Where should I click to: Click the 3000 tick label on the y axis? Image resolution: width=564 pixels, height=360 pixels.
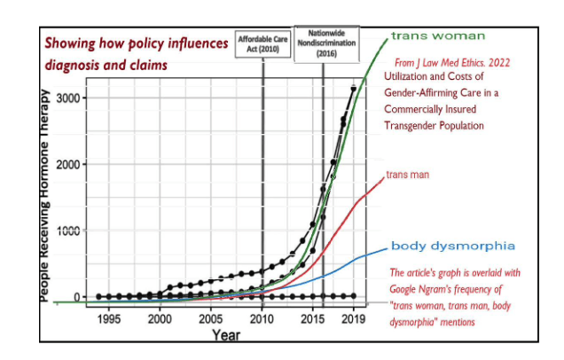tap(74, 97)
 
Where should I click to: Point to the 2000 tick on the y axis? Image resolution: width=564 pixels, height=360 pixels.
tap(74, 164)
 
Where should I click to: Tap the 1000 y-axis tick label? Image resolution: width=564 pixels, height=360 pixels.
tap(74, 231)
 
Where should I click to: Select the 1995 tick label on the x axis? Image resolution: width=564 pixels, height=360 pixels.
tap(109, 318)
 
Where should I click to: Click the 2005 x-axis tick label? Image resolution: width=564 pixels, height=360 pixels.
tap(211, 318)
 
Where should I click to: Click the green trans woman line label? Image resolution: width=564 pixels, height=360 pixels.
tap(438, 36)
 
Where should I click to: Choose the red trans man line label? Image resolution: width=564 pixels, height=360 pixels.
tap(407, 175)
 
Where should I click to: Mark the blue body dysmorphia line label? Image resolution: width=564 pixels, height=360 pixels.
tap(454, 246)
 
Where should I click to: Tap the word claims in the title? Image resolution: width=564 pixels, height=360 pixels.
tap(145, 65)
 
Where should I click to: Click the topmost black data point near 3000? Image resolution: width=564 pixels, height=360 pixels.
tap(354, 89)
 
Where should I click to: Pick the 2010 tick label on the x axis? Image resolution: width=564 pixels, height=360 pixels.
tap(262, 318)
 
